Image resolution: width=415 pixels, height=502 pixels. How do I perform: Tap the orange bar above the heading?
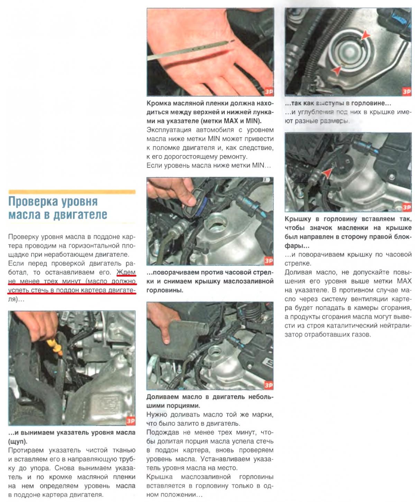tap(72, 191)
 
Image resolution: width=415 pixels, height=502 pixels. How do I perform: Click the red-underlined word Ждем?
tap(126, 272)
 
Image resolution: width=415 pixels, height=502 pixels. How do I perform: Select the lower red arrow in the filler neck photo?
tap(336, 70)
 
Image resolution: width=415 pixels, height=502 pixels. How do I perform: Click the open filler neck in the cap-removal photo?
tap(216, 228)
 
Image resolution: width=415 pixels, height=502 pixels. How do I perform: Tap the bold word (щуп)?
tap(18, 441)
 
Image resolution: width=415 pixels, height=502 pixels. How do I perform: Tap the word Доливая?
tap(298, 272)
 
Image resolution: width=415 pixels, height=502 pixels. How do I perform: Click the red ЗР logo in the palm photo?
tap(268, 92)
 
